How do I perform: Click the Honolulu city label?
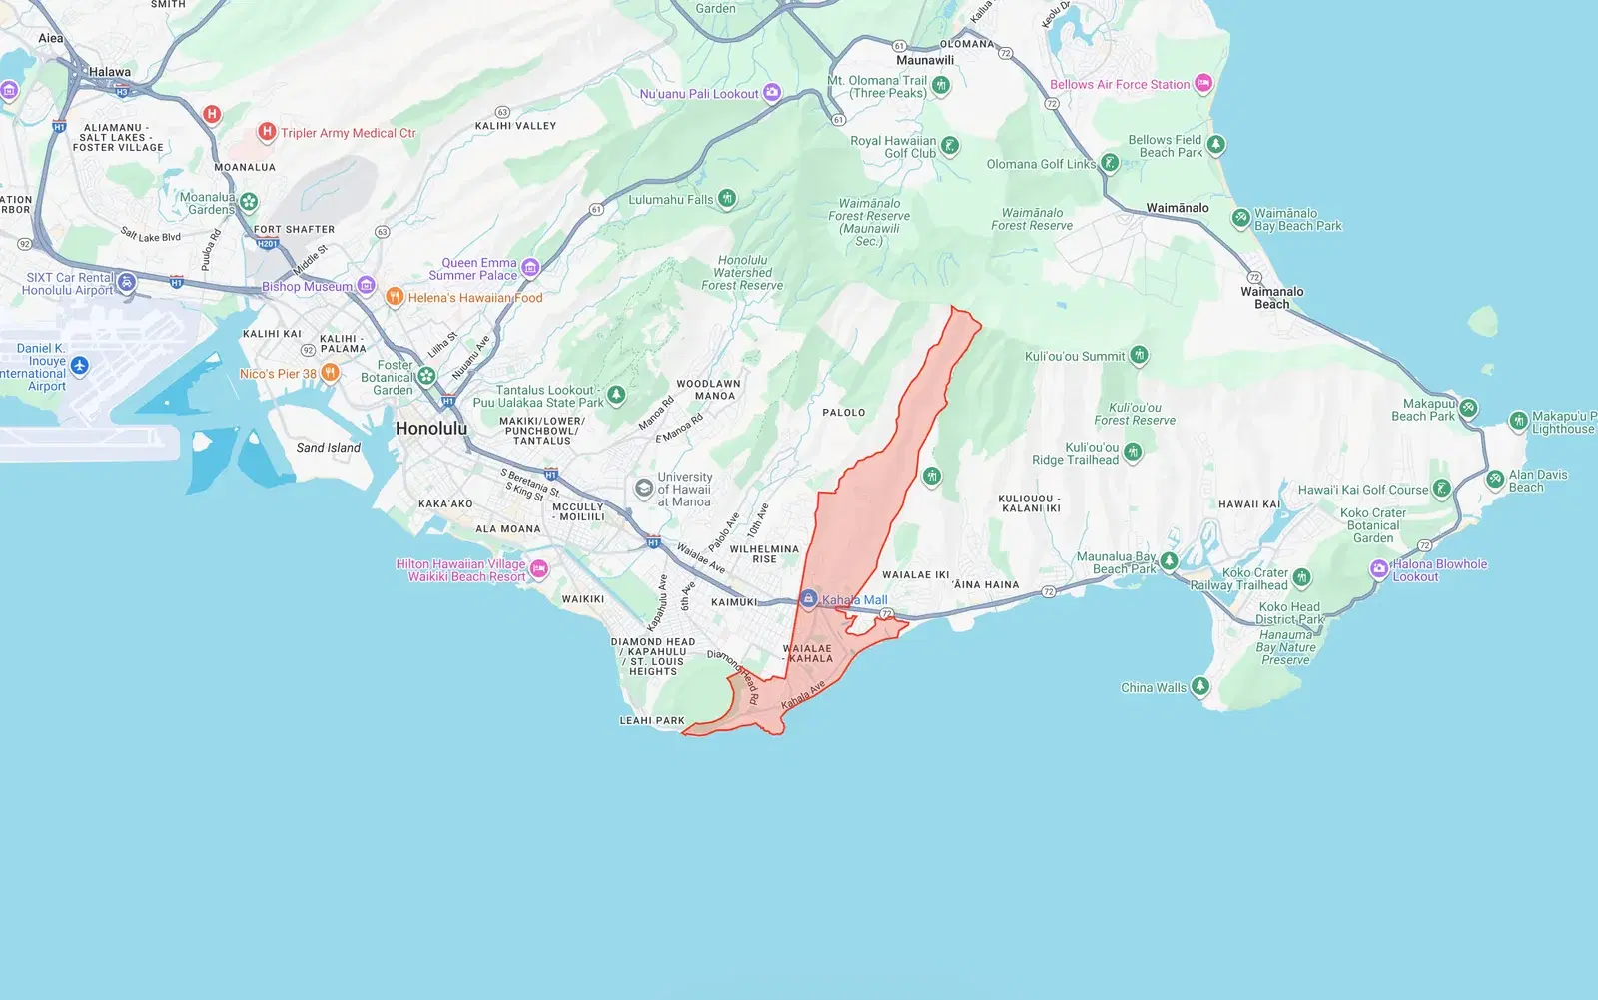point(431,429)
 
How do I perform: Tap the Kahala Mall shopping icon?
point(808,599)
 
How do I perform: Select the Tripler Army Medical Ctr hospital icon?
point(267,132)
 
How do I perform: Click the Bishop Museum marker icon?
point(366,286)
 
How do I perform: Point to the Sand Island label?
point(328,448)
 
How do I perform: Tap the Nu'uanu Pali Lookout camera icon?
point(772,93)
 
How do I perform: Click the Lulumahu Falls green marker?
point(727,199)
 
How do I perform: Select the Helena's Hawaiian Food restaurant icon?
point(395,297)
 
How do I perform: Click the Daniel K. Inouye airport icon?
point(80,366)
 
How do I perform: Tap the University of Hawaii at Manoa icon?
point(644,489)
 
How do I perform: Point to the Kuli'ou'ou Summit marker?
point(1139,356)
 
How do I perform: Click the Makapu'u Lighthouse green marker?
point(1518,421)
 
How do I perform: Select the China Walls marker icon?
point(1200,687)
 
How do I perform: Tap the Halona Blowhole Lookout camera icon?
point(1379,569)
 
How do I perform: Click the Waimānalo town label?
point(1177,208)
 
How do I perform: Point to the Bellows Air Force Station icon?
point(1203,84)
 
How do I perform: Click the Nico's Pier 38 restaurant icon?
point(330,373)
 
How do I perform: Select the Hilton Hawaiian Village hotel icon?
point(539,569)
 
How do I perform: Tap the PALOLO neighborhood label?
point(844,412)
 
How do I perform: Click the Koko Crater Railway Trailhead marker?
point(1301,578)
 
